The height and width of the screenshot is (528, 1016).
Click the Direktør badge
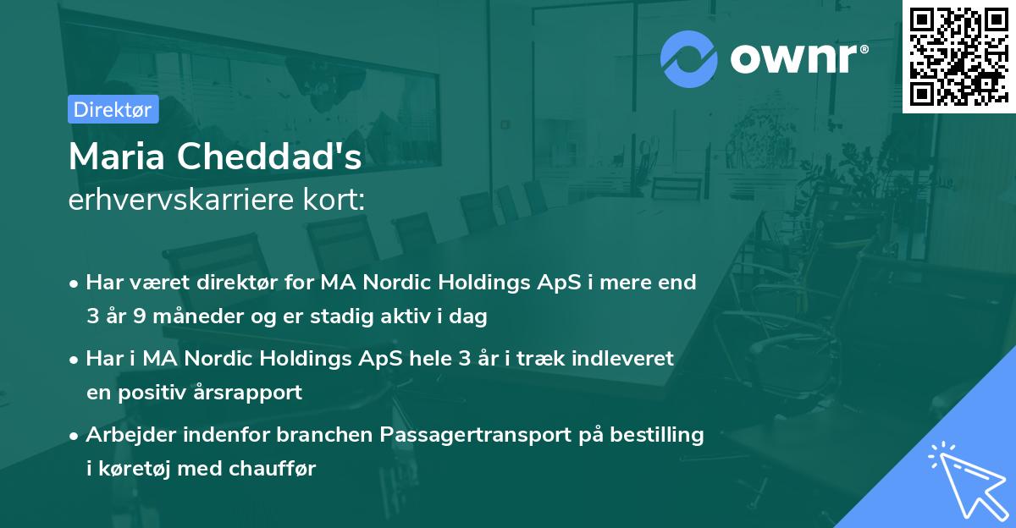tap(113, 109)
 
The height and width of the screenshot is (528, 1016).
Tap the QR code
tap(958, 56)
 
